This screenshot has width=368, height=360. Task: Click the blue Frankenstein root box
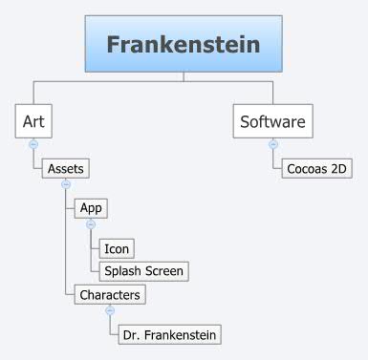point(183,45)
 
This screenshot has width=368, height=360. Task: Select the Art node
point(33,122)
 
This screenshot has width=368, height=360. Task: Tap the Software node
point(272,122)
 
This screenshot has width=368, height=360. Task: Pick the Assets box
point(65,169)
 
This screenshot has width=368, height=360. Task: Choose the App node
point(91,206)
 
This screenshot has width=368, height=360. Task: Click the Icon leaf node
point(117,248)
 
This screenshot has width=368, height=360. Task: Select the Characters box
point(110,294)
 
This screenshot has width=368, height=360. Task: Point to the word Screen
point(163,270)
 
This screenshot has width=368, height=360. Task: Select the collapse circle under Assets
point(65,183)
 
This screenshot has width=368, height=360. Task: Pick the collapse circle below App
point(91,223)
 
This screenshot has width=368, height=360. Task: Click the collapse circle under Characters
point(110,310)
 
